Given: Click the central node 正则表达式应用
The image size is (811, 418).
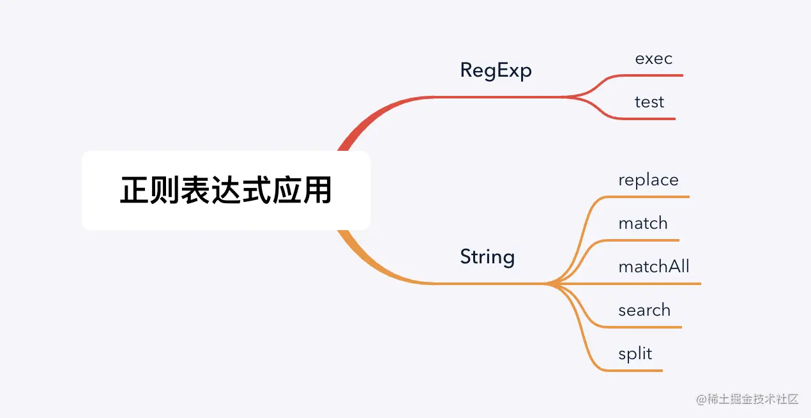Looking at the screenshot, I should [226, 190].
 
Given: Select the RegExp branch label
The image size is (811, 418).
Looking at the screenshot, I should [496, 70].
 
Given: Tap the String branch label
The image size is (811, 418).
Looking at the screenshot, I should [487, 257].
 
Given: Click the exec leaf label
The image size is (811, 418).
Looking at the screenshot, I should [653, 59].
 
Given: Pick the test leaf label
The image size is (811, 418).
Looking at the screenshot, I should [649, 102].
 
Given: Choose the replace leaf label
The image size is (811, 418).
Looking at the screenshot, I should [648, 180].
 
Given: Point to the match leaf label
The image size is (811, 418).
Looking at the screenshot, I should [642, 224].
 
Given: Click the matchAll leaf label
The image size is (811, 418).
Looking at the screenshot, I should [653, 267].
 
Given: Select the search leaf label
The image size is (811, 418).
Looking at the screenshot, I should [644, 311].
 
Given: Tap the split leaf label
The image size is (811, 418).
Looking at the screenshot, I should [635, 354].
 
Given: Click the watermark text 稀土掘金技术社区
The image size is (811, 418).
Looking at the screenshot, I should [747, 399].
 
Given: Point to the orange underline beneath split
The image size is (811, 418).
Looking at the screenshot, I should [639, 370].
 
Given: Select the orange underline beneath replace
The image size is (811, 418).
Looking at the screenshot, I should [651, 197].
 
